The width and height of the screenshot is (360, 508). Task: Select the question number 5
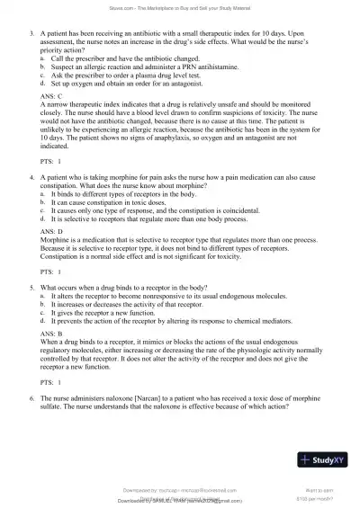click(x=32, y=288)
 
